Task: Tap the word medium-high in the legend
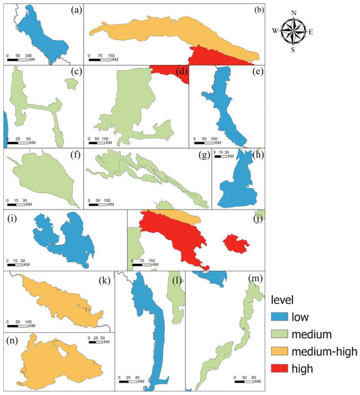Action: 323,352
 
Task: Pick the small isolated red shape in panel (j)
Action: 234,244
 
